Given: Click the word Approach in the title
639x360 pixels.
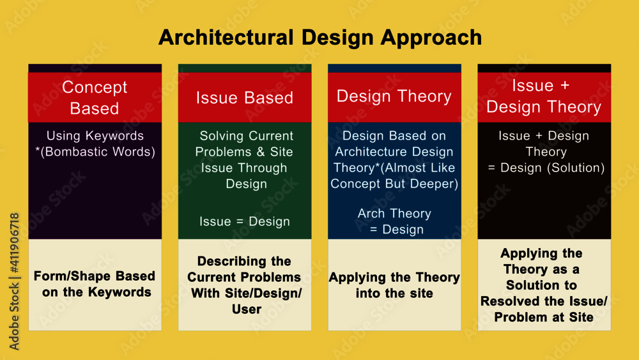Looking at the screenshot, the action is (x=431, y=38).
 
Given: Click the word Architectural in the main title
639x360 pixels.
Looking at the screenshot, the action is (x=226, y=37).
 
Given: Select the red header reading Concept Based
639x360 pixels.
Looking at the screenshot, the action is (x=95, y=97).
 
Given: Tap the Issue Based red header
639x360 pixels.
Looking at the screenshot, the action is (x=245, y=97).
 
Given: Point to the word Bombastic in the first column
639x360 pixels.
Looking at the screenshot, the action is (x=76, y=152).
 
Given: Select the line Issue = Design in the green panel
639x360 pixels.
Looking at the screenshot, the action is (x=245, y=221).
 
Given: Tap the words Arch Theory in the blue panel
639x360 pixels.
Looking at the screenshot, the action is (x=394, y=213).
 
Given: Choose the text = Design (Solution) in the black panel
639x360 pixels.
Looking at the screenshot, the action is (x=546, y=168).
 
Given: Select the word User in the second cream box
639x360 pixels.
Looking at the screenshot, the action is (x=247, y=309).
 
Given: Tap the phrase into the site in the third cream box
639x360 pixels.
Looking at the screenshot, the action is (x=394, y=293).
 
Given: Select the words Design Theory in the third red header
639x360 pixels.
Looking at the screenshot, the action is (x=394, y=97).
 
